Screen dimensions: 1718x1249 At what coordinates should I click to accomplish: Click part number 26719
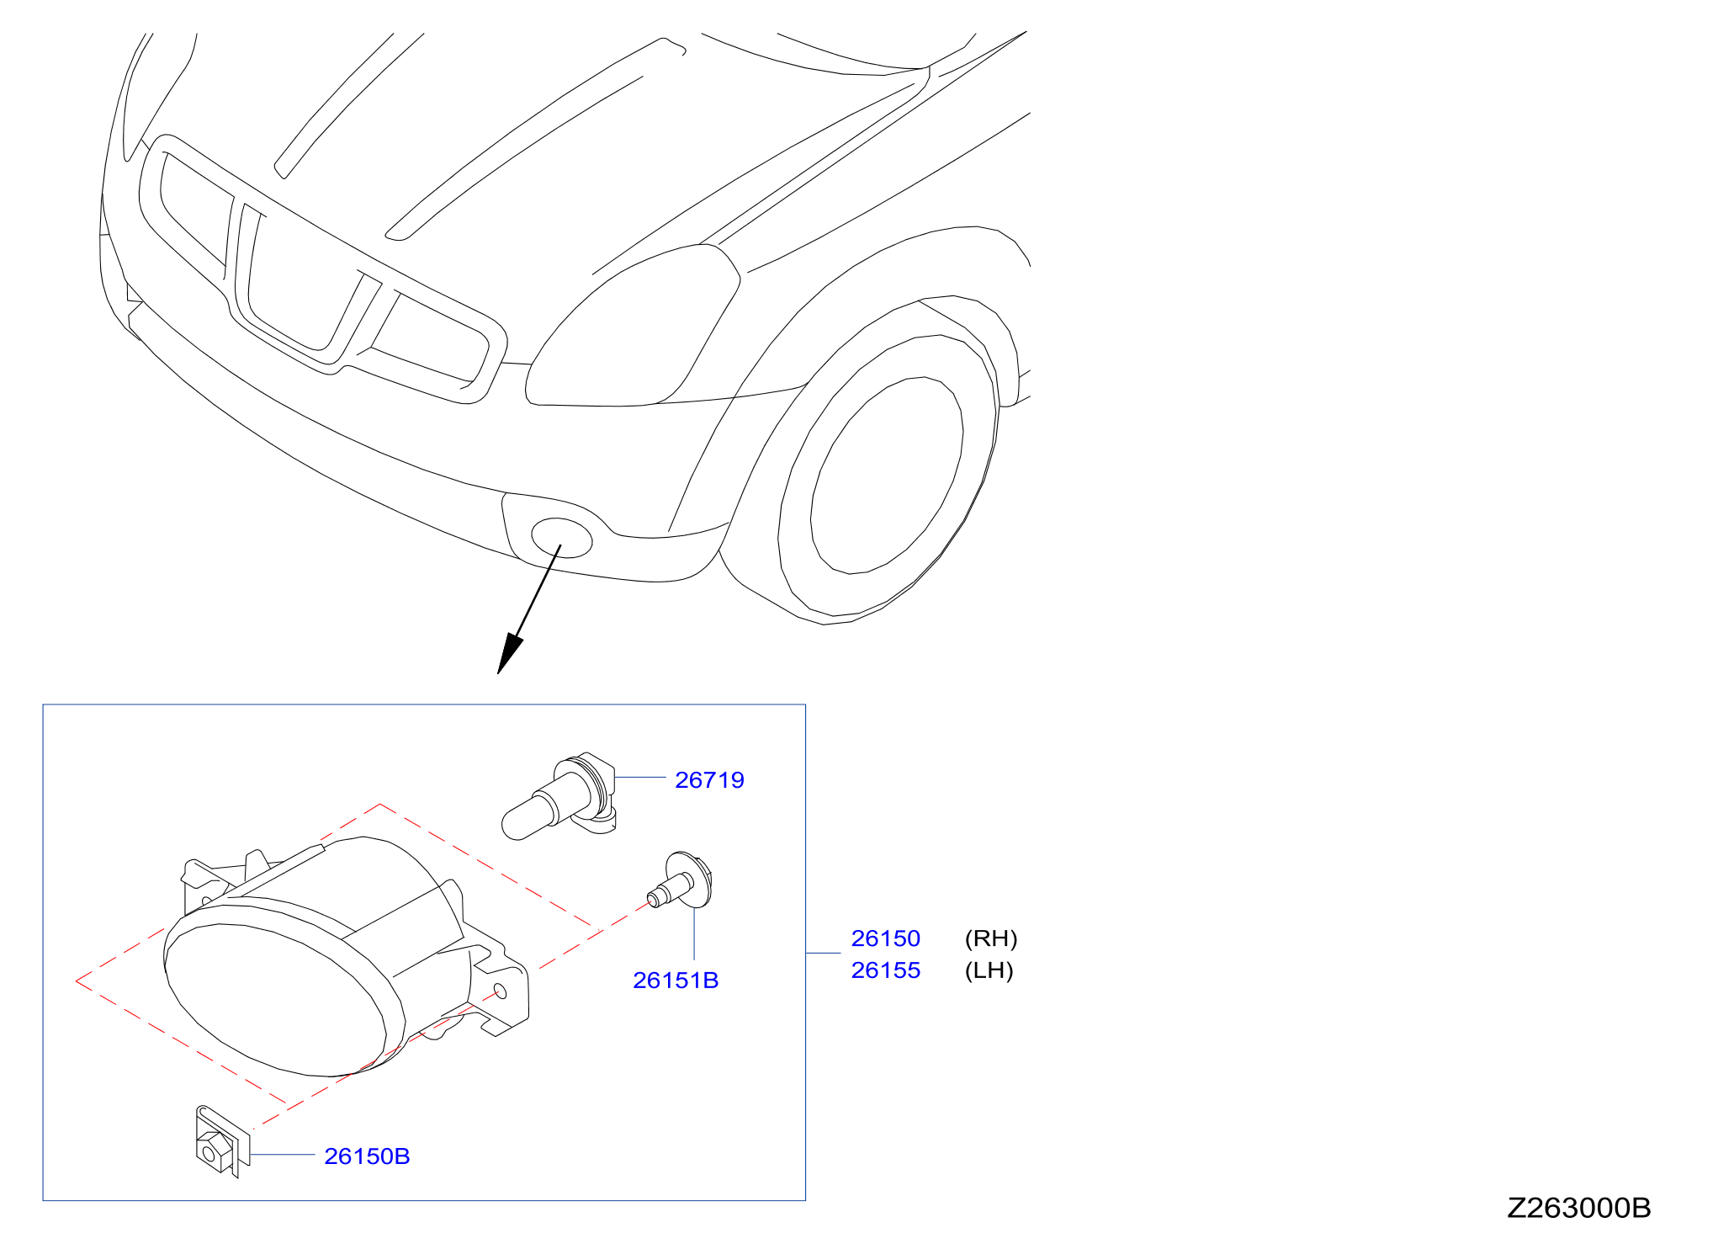click(709, 780)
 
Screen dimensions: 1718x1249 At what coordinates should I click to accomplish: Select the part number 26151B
click(676, 981)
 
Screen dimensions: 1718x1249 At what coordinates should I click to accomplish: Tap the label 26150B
click(367, 1156)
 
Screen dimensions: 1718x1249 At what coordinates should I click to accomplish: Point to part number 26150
click(885, 938)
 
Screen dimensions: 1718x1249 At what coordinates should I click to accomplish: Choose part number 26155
click(885, 970)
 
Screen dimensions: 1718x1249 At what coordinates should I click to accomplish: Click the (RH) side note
click(991, 938)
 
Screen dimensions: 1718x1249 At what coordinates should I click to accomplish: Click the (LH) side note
click(989, 970)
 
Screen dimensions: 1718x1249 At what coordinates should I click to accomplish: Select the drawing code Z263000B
click(1578, 1208)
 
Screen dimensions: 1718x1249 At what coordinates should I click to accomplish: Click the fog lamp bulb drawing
click(559, 796)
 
